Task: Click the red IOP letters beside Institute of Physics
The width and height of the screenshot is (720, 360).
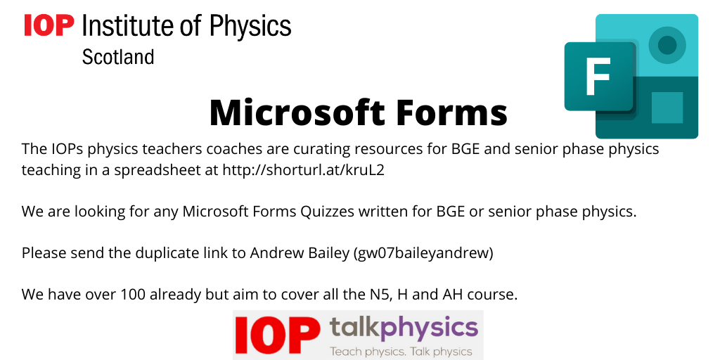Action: coord(49,25)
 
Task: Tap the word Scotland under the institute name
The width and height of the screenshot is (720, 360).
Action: coord(118,58)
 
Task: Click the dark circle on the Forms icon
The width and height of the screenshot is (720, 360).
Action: coord(667,45)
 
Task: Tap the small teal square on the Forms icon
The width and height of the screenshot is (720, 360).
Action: coord(667,108)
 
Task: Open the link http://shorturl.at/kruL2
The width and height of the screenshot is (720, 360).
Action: coord(303,170)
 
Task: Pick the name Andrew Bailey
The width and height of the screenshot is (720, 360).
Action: coord(300,253)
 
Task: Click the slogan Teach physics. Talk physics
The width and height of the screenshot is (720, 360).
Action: coord(401,352)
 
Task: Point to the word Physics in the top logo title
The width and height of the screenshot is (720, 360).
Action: coord(250,26)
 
